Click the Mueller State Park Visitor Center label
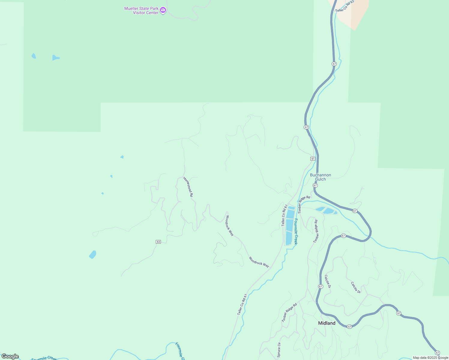(141, 10)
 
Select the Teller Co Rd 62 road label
(345, 6)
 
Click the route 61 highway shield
(313, 158)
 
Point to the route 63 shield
(158, 242)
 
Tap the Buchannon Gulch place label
(320, 177)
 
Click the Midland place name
(327, 323)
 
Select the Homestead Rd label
(188, 187)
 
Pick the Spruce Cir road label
(279, 349)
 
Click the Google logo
(10, 356)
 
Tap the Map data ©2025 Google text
(430, 358)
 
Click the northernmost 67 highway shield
(334, 64)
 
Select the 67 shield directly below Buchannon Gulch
(315, 185)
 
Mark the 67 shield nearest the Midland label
(350, 326)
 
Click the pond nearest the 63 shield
(93, 254)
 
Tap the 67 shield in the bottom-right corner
(437, 352)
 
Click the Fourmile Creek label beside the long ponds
(296, 231)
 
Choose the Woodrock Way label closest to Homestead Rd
(230, 226)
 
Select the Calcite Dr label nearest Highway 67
(327, 281)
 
